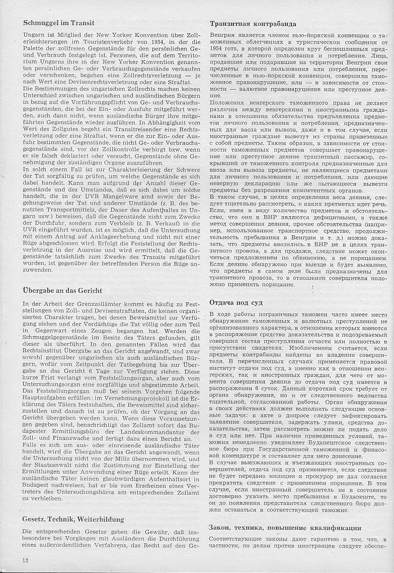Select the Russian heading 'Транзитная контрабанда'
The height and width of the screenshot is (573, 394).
[253, 24]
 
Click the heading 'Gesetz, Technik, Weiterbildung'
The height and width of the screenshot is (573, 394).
[73, 519]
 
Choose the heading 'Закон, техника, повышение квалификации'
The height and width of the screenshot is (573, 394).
[285, 528]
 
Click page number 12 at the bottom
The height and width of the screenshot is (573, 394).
[25, 560]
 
